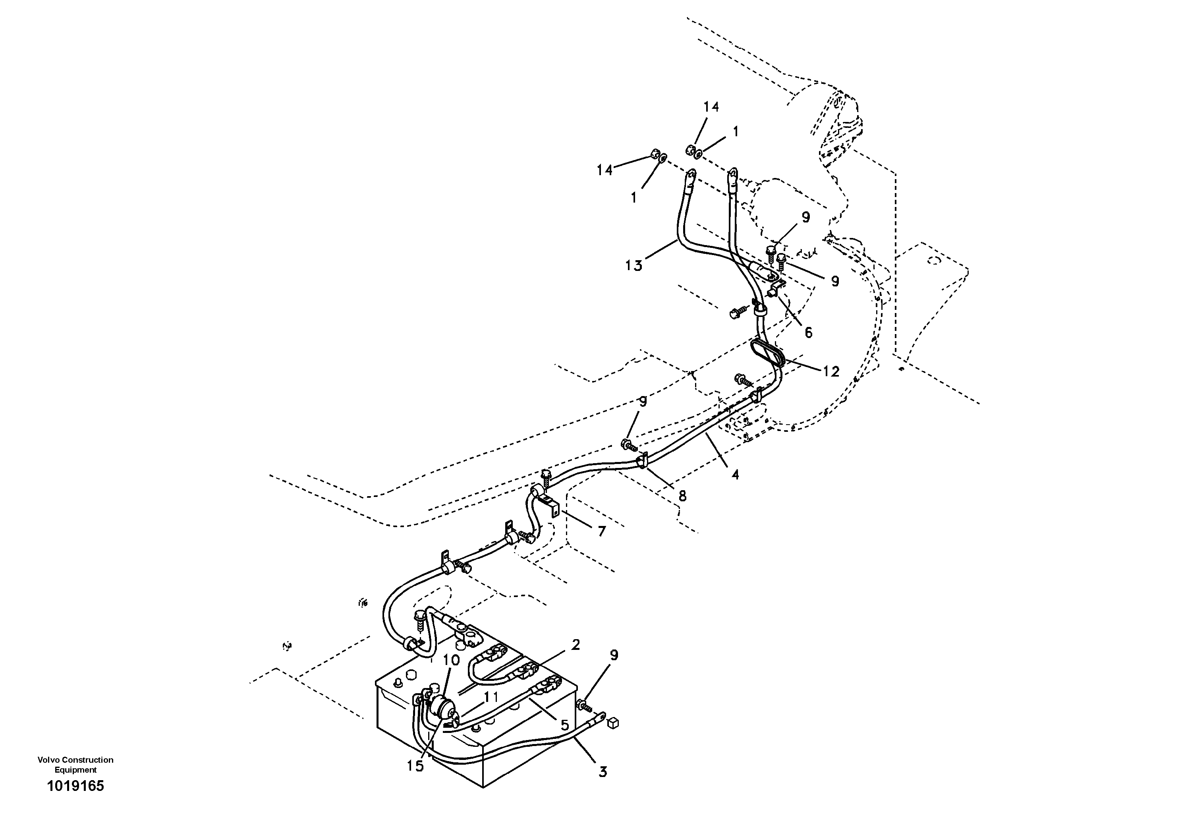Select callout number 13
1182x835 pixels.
tap(634, 266)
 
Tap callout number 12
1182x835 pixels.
tap(831, 371)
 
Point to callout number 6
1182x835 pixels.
tap(808, 333)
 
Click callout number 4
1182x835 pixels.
tap(735, 475)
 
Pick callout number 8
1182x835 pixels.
tap(682, 496)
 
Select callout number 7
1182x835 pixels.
tap(602, 531)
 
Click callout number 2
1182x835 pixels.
tap(576, 645)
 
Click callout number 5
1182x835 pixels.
tap(564, 725)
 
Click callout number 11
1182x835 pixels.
tap(490, 697)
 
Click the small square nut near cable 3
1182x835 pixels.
tap(612, 723)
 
